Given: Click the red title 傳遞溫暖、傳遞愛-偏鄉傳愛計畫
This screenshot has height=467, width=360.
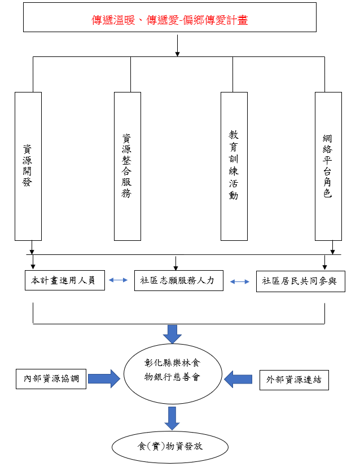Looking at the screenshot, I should [x=170, y=20].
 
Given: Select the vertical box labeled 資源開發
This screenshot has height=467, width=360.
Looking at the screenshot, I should [x=28, y=166].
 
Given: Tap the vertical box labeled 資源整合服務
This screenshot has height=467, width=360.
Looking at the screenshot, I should [x=127, y=166].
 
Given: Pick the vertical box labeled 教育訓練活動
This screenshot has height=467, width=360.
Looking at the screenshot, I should [x=234, y=166].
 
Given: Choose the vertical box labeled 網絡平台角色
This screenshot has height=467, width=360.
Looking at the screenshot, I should [x=328, y=166].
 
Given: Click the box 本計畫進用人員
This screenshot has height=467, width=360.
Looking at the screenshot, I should [x=65, y=280].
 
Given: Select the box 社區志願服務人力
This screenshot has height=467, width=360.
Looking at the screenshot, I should [x=178, y=280].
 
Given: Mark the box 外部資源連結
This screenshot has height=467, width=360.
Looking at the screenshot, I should [x=293, y=380].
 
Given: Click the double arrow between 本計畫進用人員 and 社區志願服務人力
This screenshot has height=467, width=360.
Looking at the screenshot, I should [x=119, y=279].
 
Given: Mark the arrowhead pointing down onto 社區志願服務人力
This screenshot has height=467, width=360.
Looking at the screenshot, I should [x=176, y=266].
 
